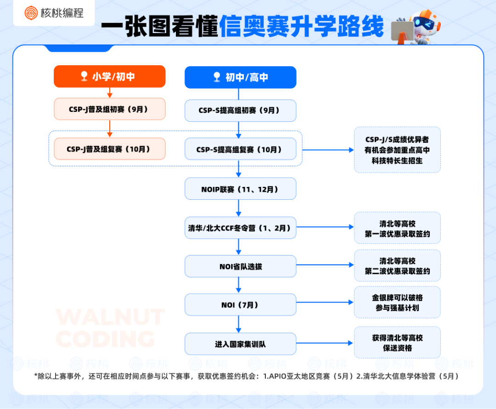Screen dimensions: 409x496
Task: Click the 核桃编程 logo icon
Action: pos(32,13)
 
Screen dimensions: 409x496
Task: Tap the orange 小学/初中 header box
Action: pos(109,76)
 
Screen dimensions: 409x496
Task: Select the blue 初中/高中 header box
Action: pos(240,78)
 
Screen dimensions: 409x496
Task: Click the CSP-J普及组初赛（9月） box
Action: pos(109,109)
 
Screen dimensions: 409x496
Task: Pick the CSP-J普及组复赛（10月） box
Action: pos(109,149)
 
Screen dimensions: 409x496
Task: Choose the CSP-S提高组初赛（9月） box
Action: pos(240,111)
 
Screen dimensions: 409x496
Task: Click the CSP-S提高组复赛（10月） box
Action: pos(240,149)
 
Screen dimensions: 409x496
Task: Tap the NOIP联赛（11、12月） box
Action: pos(240,189)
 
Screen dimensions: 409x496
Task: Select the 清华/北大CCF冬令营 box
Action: pos(240,228)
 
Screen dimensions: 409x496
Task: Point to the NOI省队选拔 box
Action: pos(240,266)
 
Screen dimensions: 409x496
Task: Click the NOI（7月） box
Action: pos(240,305)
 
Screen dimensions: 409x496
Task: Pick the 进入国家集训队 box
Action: pos(240,344)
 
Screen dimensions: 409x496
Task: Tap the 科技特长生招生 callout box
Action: pos(397,150)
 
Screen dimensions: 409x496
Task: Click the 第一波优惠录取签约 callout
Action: pos(397,228)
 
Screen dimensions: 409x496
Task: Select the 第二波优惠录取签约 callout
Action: pos(397,266)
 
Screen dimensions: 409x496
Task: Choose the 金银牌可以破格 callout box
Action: pos(397,303)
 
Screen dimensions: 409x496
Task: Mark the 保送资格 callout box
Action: pos(397,342)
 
